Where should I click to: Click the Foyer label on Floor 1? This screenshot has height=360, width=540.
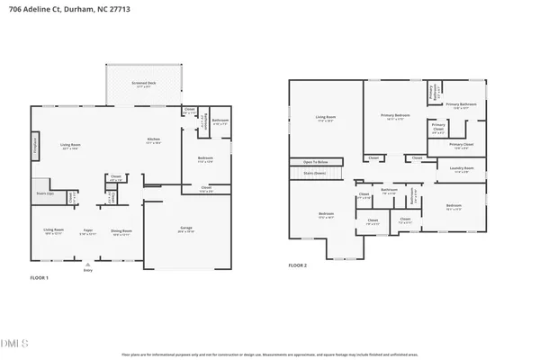pyautogui.click(x=89, y=230)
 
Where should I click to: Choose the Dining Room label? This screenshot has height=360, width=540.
pyautogui.click(x=121, y=230)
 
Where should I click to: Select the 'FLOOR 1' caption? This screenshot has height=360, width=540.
pyautogui.click(x=40, y=278)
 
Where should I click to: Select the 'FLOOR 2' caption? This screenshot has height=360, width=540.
pyautogui.click(x=297, y=265)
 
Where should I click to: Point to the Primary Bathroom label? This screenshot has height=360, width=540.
pyautogui.click(x=461, y=105)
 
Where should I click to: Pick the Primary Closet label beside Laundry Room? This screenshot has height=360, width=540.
pyautogui.click(x=461, y=145)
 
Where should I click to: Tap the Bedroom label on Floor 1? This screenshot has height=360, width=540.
pyautogui.click(x=205, y=159)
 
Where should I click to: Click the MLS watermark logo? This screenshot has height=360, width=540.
pyautogui.click(x=15, y=342)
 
